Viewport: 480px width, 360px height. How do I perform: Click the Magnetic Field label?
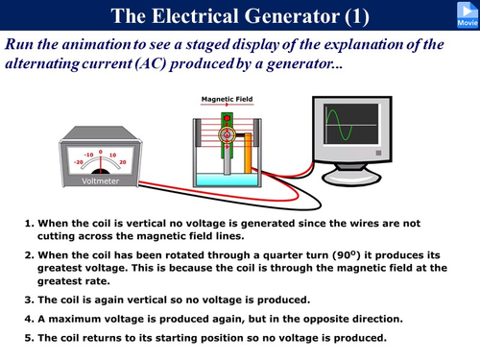point(228,98)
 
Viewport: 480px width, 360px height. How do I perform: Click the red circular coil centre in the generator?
point(229,135)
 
